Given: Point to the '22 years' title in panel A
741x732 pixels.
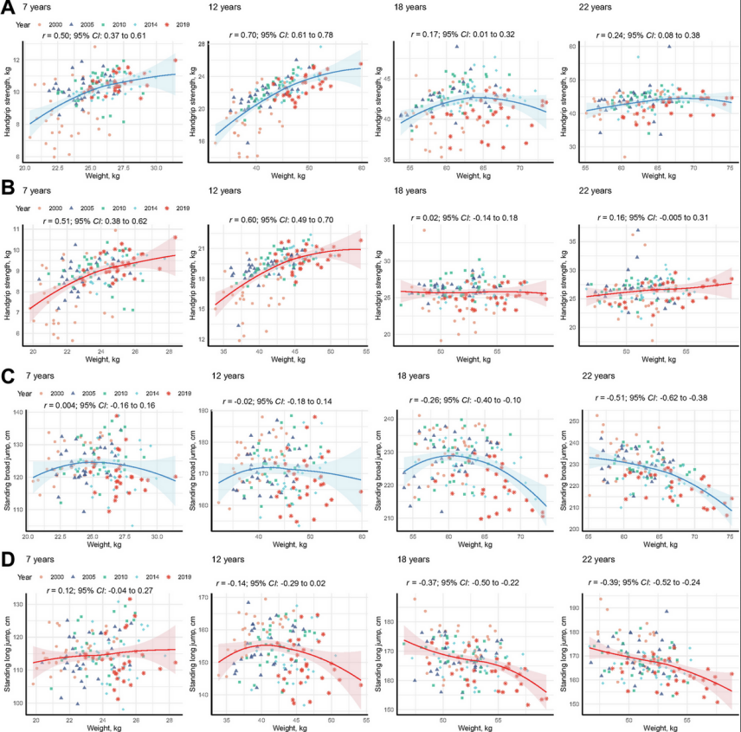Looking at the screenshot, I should coord(592,8).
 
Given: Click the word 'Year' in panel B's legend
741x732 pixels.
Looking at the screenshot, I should coord(24,208).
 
